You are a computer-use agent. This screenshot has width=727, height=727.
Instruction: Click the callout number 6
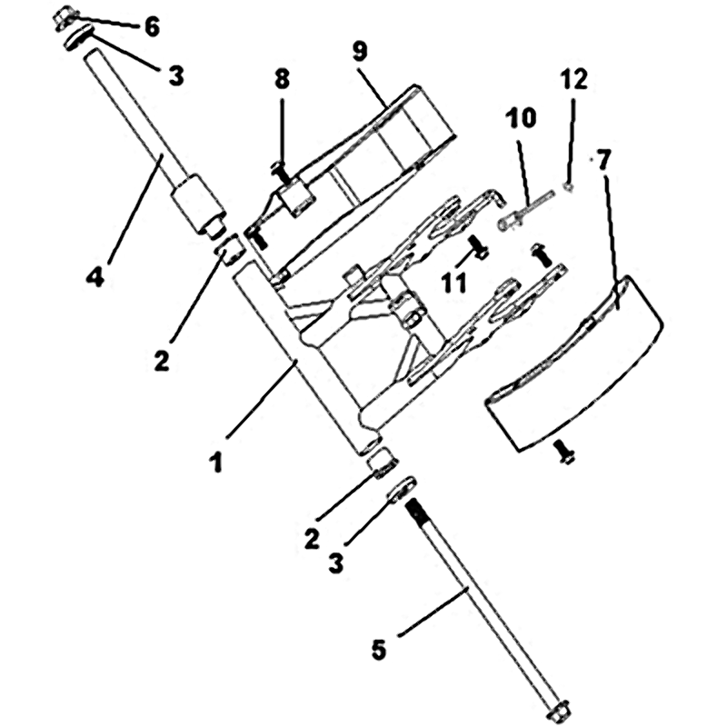tap(152, 26)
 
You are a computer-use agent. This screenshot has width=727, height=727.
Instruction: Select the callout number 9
tap(360, 51)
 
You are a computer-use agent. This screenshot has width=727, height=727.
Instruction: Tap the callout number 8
tap(282, 79)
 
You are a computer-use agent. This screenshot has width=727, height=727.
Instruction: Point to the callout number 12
tap(574, 79)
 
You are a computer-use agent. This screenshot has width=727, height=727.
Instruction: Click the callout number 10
tap(521, 118)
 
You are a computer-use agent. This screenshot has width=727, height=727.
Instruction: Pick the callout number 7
tap(603, 161)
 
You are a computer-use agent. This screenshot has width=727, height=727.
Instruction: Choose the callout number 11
tap(453, 282)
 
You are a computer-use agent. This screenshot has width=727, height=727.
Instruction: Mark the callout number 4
tap(95, 277)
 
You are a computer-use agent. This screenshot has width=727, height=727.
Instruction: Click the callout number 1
tap(216, 463)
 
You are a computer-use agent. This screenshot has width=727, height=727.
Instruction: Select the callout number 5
tap(379, 649)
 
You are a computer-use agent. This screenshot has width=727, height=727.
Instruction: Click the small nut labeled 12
tap(569, 187)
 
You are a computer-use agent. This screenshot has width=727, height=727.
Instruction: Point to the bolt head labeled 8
tap(277, 165)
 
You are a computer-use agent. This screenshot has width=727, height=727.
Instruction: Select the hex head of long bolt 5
tap(558, 711)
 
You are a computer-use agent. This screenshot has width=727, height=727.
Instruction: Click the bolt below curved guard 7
tap(563, 452)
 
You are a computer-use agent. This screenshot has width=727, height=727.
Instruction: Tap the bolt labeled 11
tap(479, 246)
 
